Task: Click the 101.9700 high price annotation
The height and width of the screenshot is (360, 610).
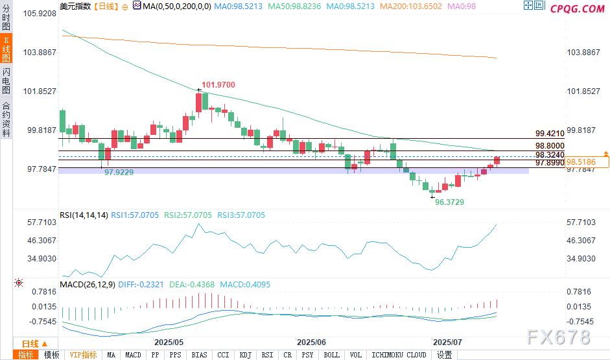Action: click(218, 84)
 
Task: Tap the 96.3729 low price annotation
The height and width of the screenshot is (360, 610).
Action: click(449, 202)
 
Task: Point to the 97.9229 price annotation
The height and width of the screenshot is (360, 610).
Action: click(119, 172)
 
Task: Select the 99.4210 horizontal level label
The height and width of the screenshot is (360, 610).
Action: click(550, 133)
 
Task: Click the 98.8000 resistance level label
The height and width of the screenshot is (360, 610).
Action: click(550, 146)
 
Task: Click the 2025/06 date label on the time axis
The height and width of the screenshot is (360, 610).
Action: click(311, 341)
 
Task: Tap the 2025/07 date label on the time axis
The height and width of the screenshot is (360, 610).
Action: click(447, 341)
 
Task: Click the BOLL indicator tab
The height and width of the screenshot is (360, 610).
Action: click(331, 355)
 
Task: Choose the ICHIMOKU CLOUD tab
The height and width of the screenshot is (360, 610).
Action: click(399, 355)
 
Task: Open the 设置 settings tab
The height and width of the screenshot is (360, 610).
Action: click(444, 355)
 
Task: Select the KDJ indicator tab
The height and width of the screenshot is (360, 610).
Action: click(245, 355)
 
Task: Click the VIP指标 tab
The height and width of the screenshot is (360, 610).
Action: click(84, 355)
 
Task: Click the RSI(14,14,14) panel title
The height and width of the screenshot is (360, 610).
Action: click(84, 215)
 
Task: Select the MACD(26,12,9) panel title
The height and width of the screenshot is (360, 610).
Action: click(87, 284)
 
